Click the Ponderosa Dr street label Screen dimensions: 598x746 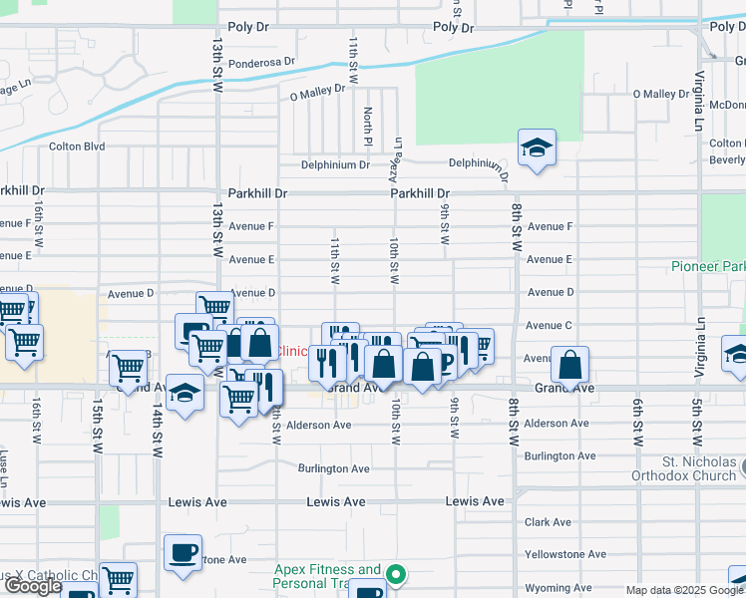click(x=262, y=62)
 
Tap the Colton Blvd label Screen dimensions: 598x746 click(x=77, y=146)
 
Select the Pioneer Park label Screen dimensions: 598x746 click(x=707, y=267)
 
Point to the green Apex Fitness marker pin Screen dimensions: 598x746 click(x=396, y=574)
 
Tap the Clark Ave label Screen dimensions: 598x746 click(x=548, y=522)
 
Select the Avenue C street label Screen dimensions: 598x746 click(x=550, y=325)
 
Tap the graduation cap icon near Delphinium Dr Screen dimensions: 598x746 click(x=537, y=149)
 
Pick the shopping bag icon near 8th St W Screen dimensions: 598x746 click(x=569, y=365)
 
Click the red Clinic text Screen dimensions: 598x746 click(x=292, y=351)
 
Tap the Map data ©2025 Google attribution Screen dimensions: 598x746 click(x=683, y=590)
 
